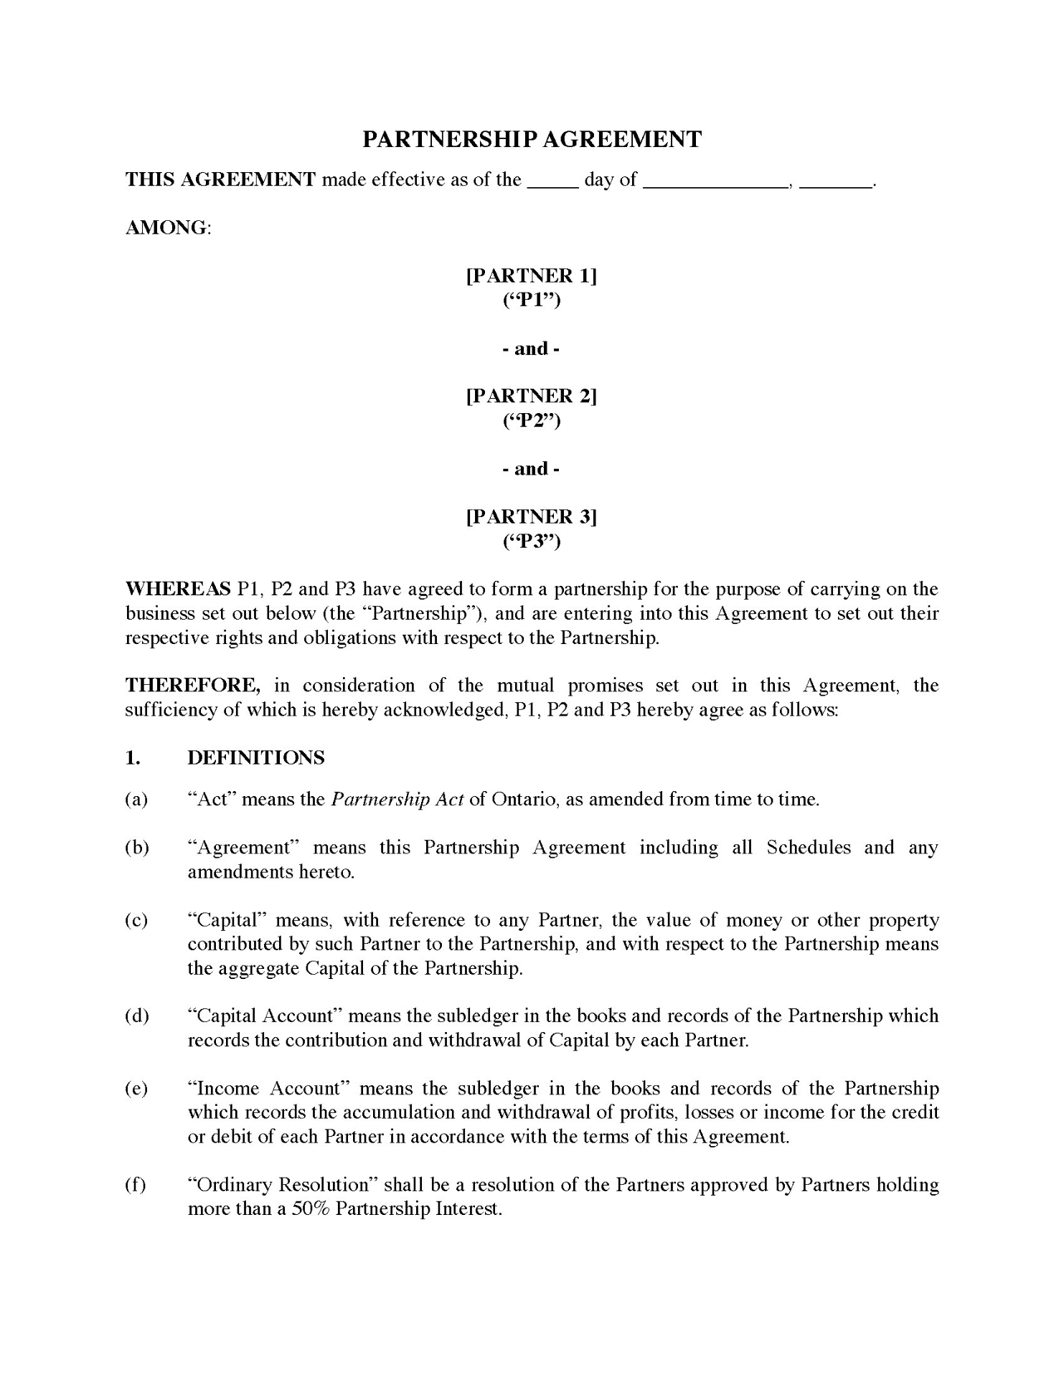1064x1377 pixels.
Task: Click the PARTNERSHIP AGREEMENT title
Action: coord(532,139)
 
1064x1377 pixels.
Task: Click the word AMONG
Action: coord(167,228)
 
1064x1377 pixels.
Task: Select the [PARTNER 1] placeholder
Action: coord(532,276)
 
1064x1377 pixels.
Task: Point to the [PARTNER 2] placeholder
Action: coord(532,396)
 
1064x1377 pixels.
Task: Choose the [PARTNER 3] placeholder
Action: coord(532,516)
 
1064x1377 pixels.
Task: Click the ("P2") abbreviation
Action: coord(532,420)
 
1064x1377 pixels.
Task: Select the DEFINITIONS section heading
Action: coord(256,758)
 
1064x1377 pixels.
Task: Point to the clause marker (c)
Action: coord(136,920)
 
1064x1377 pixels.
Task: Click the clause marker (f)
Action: coord(136,1185)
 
